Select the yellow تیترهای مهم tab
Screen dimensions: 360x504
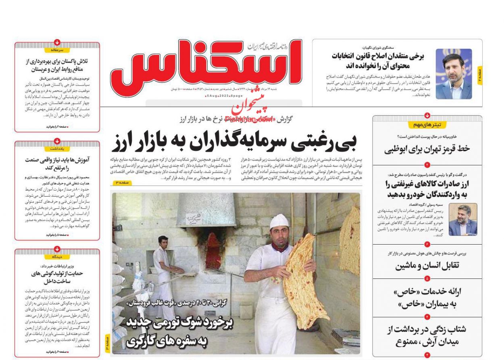click(427, 125)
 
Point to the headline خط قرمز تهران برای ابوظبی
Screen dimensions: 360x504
click(427, 149)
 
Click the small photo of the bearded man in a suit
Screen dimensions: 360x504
click(462, 220)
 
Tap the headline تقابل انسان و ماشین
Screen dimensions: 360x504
click(427, 266)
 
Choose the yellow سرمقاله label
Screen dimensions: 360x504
click(57, 50)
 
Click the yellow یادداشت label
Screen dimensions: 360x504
click(57, 149)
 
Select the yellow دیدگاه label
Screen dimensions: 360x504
click(57, 257)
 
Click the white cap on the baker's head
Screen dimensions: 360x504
click(279, 221)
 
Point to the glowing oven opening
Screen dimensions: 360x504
click(213, 250)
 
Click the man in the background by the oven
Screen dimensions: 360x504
click(164, 270)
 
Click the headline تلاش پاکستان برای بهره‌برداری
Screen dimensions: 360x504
click(57, 65)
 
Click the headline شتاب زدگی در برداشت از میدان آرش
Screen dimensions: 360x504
click(427, 335)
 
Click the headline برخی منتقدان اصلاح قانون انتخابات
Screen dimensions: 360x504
click(378, 61)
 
